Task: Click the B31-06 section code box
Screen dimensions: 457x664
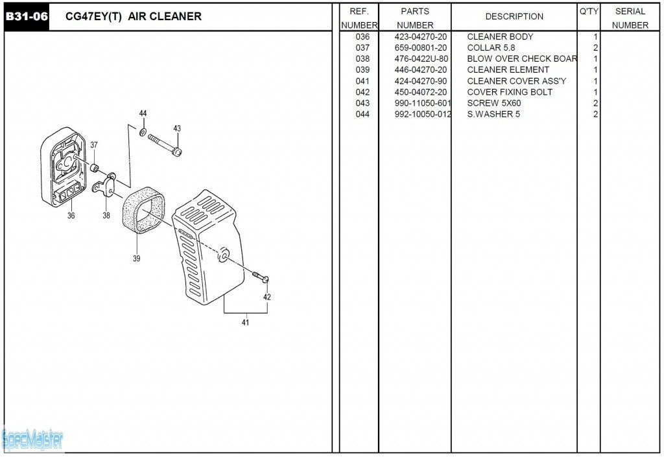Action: (27, 16)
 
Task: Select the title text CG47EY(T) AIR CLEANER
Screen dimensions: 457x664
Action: (134, 16)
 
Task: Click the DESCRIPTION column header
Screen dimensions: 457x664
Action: (514, 16)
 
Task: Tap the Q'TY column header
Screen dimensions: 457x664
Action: (588, 12)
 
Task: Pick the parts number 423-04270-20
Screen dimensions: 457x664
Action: (420, 37)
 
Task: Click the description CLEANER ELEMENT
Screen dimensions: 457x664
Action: (508, 70)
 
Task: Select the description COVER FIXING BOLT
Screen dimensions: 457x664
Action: (510, 92)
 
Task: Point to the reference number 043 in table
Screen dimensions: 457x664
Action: (362, 103)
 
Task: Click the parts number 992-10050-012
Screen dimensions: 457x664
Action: (422, 114)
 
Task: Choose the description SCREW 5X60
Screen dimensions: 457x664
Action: (493, 103)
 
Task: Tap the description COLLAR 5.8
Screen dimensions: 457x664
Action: (491, 48)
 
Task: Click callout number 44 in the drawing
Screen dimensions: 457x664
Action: (143, 114)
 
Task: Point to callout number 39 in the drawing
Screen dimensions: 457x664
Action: (136, 259)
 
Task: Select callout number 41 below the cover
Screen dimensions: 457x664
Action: (245, 322)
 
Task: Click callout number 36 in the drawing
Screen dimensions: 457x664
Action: (71, 216)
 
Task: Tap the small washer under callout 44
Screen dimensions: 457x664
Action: (143, 132)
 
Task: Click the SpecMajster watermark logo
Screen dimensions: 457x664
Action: (32, 440)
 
